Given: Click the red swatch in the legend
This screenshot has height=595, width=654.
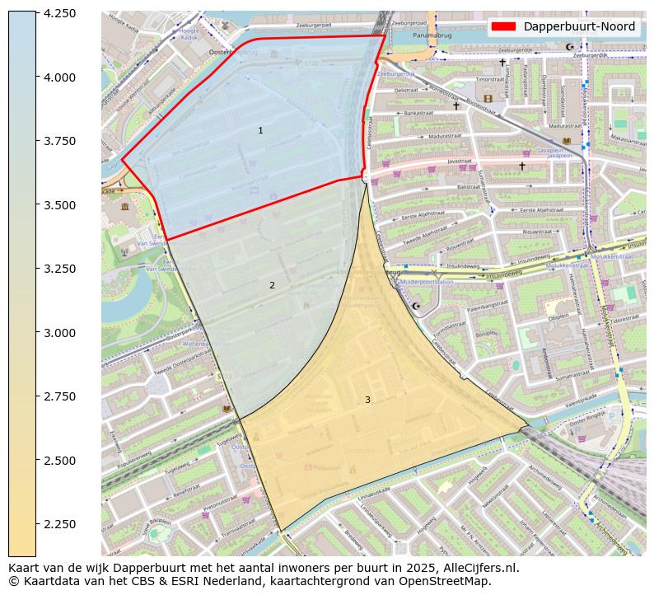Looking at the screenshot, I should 503,26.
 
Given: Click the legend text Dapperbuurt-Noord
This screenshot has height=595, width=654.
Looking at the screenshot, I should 579,26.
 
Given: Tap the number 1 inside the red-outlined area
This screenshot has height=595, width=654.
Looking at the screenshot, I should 260,131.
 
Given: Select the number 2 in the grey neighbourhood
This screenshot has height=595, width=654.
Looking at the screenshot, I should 272,286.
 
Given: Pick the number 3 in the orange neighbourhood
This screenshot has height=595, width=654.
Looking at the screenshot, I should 367,401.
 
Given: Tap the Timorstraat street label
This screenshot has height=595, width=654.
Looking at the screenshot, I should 490,80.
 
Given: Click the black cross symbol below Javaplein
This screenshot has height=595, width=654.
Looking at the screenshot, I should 521,166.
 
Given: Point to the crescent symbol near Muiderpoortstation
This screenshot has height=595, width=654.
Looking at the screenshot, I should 416,307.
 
